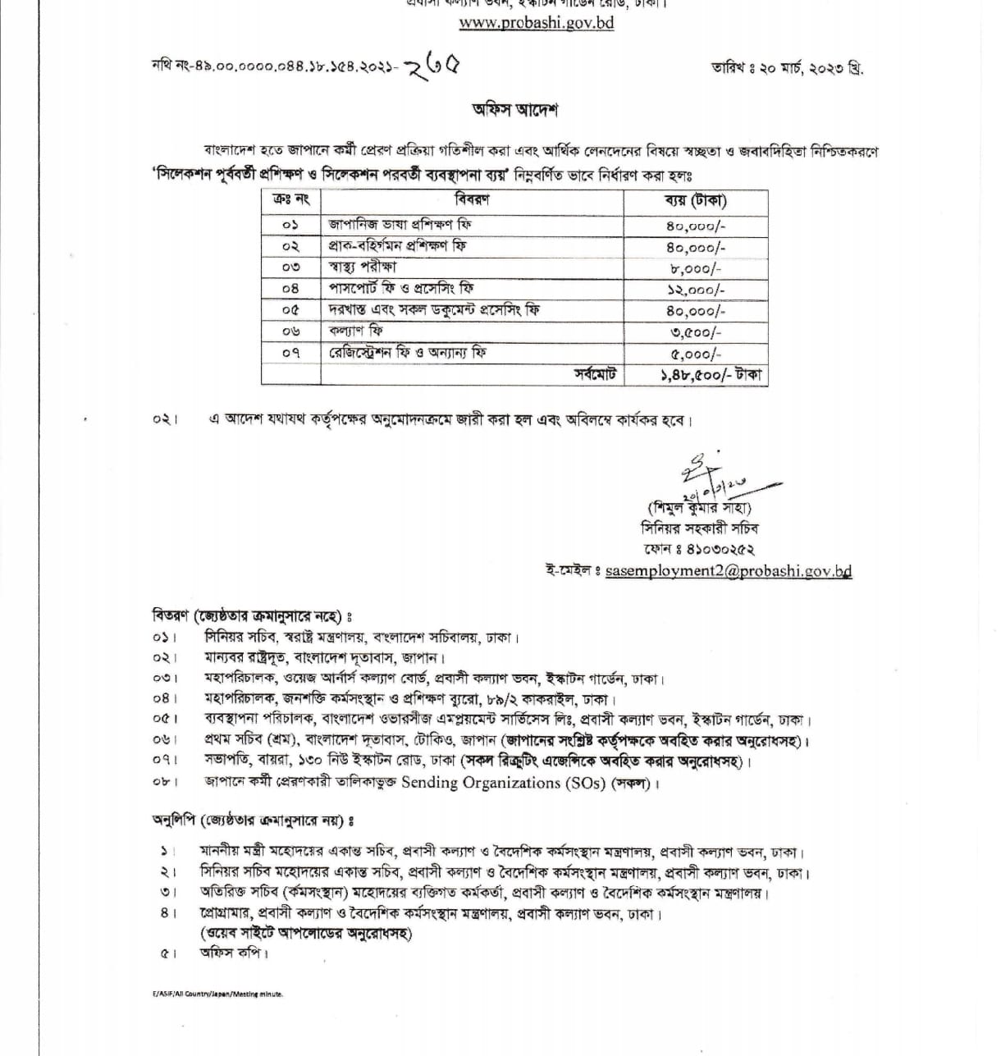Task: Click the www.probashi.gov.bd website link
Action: pos(536,23)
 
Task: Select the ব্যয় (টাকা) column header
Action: pos(695,201)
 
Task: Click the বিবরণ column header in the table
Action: pos(472,201)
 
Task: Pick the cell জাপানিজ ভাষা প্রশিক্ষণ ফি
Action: pos(400,224)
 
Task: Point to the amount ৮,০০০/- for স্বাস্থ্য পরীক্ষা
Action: pos(696,268)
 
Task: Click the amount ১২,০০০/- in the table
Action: pos(696,290)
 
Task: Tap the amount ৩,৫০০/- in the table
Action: pos(696,332)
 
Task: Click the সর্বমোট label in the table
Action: pos(595,375)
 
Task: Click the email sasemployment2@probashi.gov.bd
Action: pos(728,571)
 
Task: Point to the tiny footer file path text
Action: pos(217,994)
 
